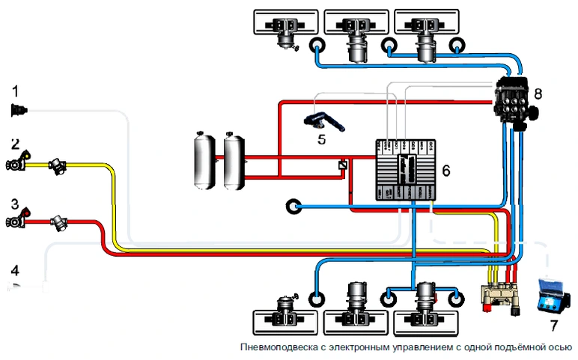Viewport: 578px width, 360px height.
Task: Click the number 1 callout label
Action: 15,91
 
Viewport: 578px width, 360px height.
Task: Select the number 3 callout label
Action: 15,204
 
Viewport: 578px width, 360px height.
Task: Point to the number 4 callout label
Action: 14,269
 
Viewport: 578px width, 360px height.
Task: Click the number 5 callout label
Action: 321,138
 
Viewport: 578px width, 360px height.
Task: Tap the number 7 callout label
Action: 554,326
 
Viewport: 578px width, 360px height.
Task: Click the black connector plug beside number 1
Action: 19,111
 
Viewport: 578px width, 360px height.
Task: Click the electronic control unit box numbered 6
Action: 405,170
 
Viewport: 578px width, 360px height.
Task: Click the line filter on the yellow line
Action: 58,166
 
